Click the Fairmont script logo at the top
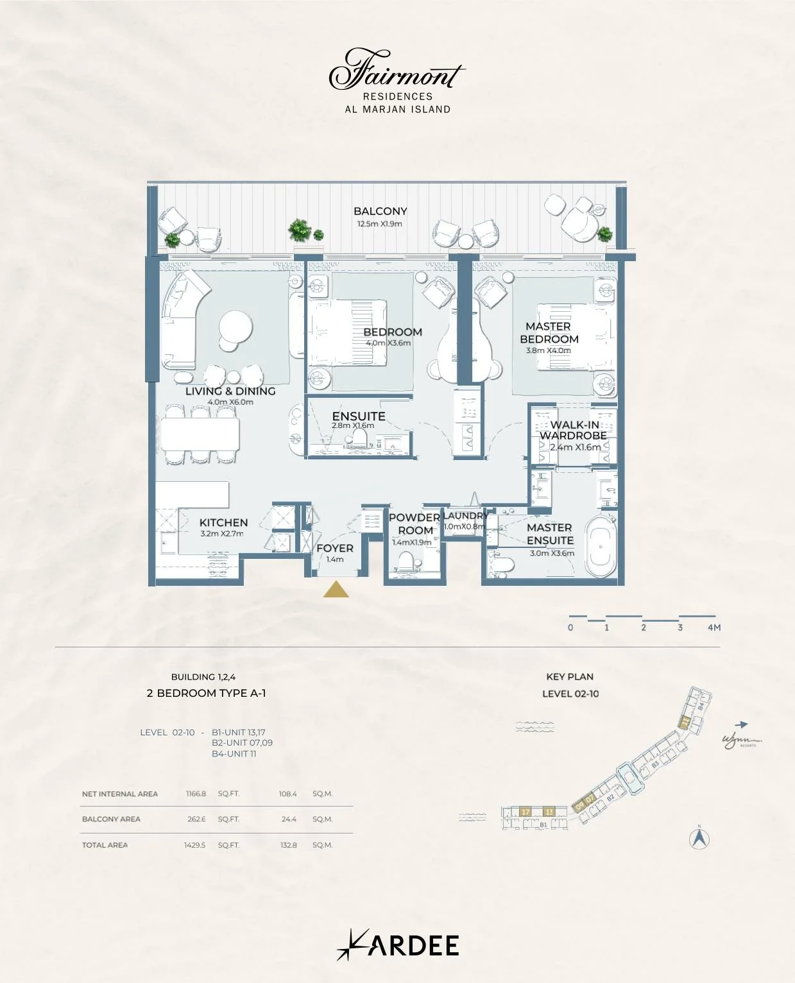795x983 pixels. [x=397, y=70]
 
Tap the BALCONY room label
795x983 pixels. [x=380, y=211]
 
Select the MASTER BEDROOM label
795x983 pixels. [x=549, y=332]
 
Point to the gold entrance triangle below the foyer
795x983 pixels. [x=336, y=590]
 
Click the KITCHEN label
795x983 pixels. [x=223, y=522]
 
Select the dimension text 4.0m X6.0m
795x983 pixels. [x=230, y=402]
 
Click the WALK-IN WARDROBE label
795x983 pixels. [x=574, y=430]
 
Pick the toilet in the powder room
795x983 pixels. [x=406, y=563]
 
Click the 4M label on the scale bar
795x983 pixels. [x=714, y=628]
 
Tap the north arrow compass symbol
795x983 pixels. [x=699, y=838]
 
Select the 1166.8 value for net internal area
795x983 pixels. [x=196, y=794]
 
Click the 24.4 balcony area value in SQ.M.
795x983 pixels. [x=289, y=819]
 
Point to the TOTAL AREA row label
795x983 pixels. [x=105, y=845]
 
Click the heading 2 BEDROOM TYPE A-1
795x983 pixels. [x=206, y=693]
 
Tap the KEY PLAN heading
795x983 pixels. [x=570, y=676]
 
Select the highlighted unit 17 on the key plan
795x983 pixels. [x=525, y=812]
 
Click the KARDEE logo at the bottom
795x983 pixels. [x=398, y=945]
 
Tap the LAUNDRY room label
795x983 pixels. [x=465, y=515]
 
